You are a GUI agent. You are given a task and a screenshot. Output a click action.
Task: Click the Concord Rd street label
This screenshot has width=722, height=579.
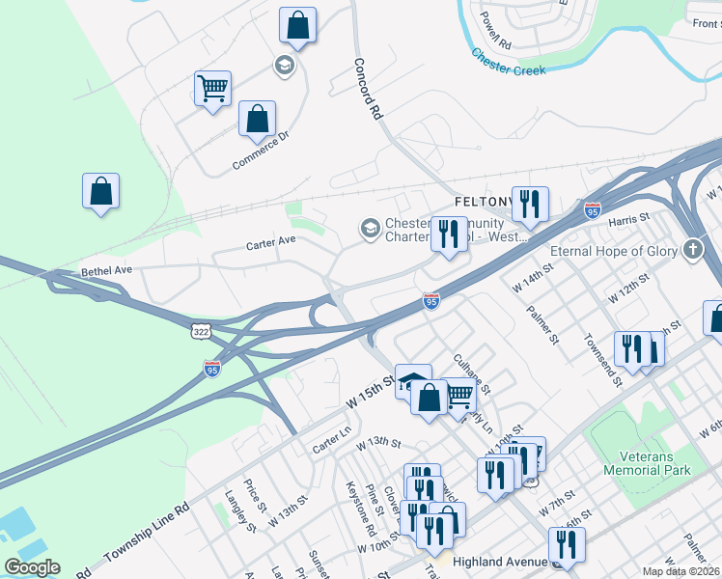(x=368, y=90)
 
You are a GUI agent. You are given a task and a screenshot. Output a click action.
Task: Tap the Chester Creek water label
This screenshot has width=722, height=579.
(x=509, y=63)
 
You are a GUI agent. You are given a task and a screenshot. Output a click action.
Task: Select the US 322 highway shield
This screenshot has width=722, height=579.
(x=201, y=331)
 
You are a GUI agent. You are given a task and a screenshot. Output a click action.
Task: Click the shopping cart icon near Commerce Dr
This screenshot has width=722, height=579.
(x=212, y=89)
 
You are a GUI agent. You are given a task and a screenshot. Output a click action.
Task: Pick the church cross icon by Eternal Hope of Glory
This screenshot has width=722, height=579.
(x=692, y=251)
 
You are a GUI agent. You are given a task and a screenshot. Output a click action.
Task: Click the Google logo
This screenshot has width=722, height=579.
(x=32, y=566)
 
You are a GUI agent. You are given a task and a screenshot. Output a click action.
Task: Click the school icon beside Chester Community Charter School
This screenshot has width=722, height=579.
(x=369, y=229)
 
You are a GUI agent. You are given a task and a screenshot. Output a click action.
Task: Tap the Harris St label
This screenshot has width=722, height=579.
(x=631, y=222)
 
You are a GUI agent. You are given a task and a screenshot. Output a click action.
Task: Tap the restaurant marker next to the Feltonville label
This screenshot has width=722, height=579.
(x=530, y=203)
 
